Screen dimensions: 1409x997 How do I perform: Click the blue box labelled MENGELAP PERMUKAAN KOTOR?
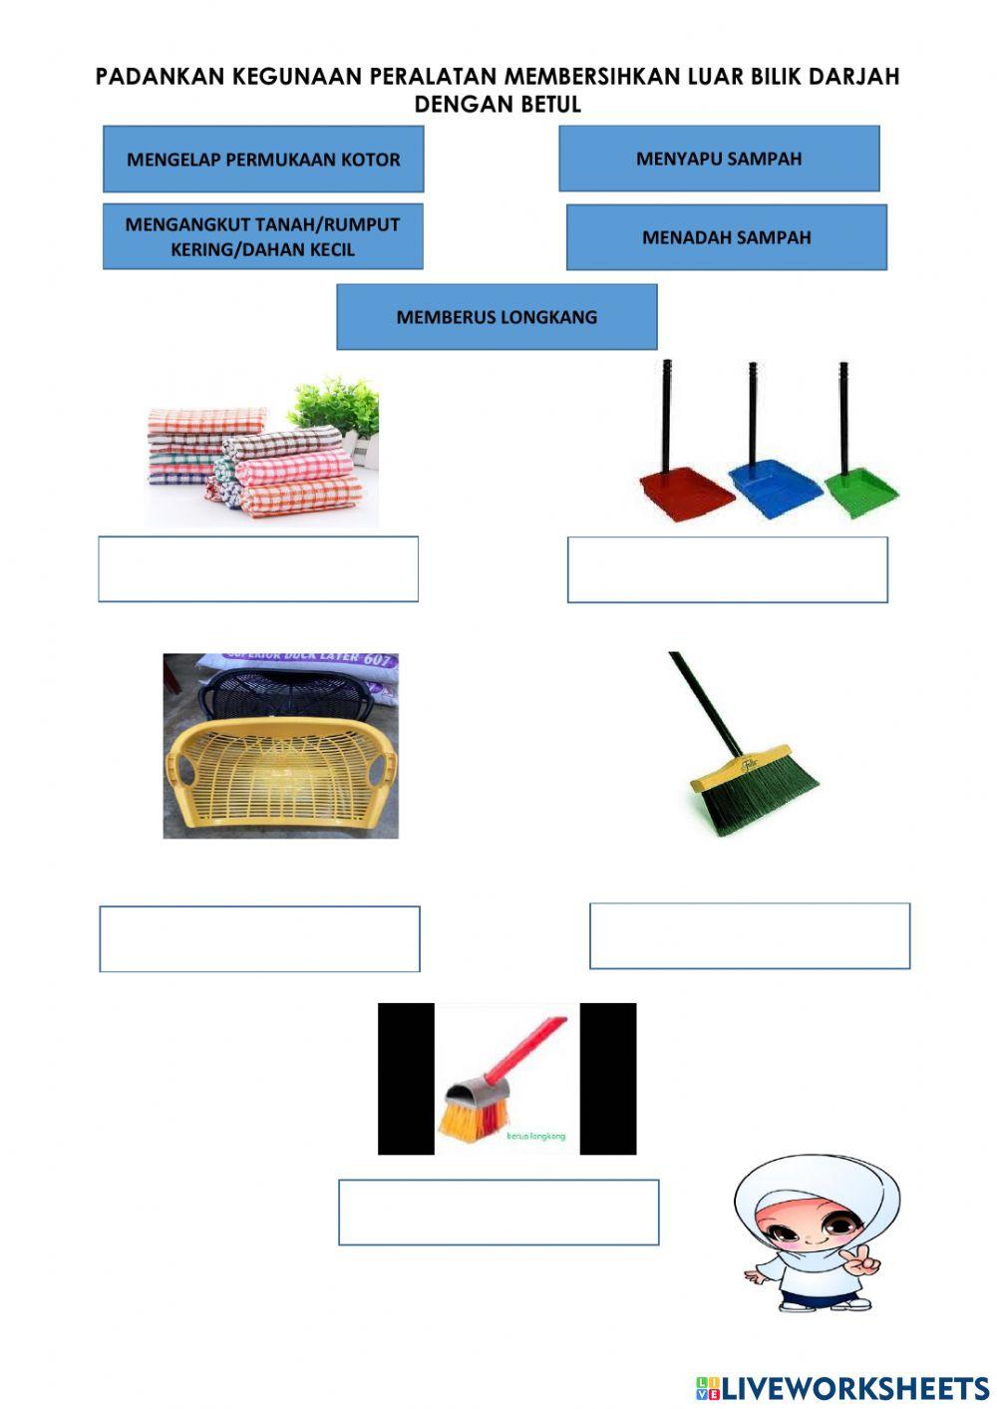tap(263, 159)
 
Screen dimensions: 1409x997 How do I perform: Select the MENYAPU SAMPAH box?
tap(719, 158)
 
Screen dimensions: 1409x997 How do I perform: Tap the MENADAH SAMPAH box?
tap(726, 237)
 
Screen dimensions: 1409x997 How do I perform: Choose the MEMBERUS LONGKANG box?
tap(497, 317)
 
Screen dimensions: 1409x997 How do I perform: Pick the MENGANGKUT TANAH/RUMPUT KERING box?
tap(263, 236)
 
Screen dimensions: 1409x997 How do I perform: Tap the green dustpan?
tap(860, 489)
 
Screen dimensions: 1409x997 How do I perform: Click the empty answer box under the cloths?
tap(258, 569)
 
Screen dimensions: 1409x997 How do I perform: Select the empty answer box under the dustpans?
tap(727, 569)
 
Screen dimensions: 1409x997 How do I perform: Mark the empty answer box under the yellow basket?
tap(259, 938)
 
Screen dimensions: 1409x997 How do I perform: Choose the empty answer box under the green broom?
tap(750, 935)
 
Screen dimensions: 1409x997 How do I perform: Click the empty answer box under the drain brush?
tap(498, 1212)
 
